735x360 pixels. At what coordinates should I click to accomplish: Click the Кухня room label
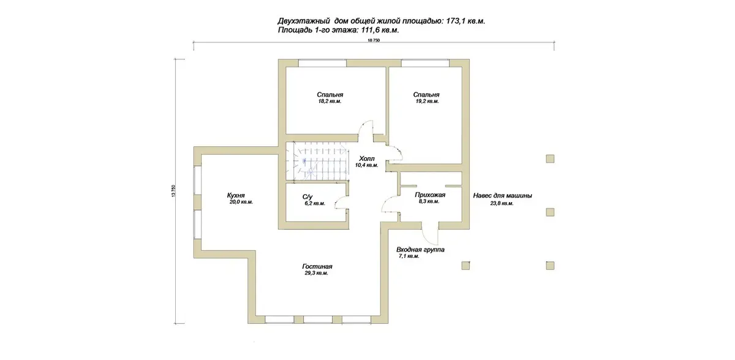click(x=236, y=195)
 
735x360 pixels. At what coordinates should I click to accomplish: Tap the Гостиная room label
click(x=317, y=266)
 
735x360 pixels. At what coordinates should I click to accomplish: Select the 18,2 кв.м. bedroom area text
click(x=330, y=101)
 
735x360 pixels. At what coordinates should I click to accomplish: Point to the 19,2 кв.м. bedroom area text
click(x=428, y=101)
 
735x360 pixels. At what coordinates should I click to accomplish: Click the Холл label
click(x=367, y=159)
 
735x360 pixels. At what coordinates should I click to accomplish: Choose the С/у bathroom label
click(x=307, y=197)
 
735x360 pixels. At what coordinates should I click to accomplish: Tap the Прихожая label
click(x=430, y=195)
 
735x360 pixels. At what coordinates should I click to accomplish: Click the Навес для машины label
click(x=502, y=196)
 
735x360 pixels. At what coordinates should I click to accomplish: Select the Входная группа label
click(x=420, y=250)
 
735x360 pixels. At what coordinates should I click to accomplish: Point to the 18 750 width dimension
click(x=374, y=40)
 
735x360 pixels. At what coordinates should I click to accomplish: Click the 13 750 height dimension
click(x=173, y=191)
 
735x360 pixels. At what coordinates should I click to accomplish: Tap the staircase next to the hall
click(x=317, y=161)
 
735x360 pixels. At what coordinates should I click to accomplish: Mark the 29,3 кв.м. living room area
click(x=316, y=273)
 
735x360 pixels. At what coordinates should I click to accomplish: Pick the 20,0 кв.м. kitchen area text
click(x=241, y=202)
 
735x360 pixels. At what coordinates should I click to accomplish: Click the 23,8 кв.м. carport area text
click(x=502, y=203)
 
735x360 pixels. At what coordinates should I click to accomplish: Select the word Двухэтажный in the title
click(x=304, y=21)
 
